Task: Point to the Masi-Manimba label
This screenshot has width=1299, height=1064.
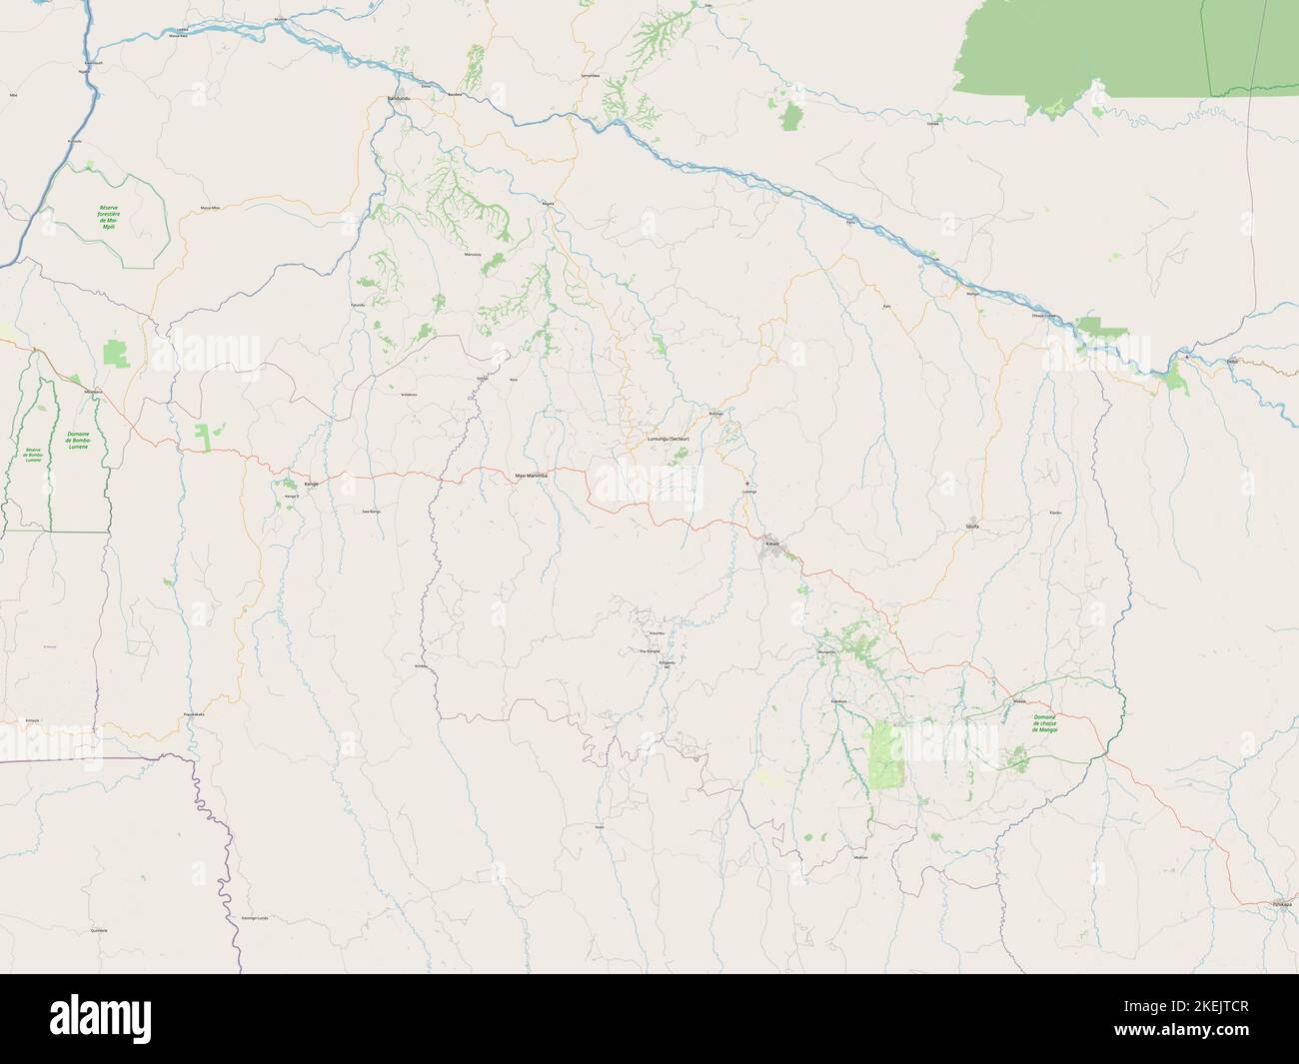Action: [532, 476]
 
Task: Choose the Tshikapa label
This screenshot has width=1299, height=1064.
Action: [1281, 905]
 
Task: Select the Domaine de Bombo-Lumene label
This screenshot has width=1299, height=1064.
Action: [76, 440]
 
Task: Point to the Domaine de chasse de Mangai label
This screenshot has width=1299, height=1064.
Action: [1046, 723]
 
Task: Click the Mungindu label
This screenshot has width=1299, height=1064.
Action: [825, 651]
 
